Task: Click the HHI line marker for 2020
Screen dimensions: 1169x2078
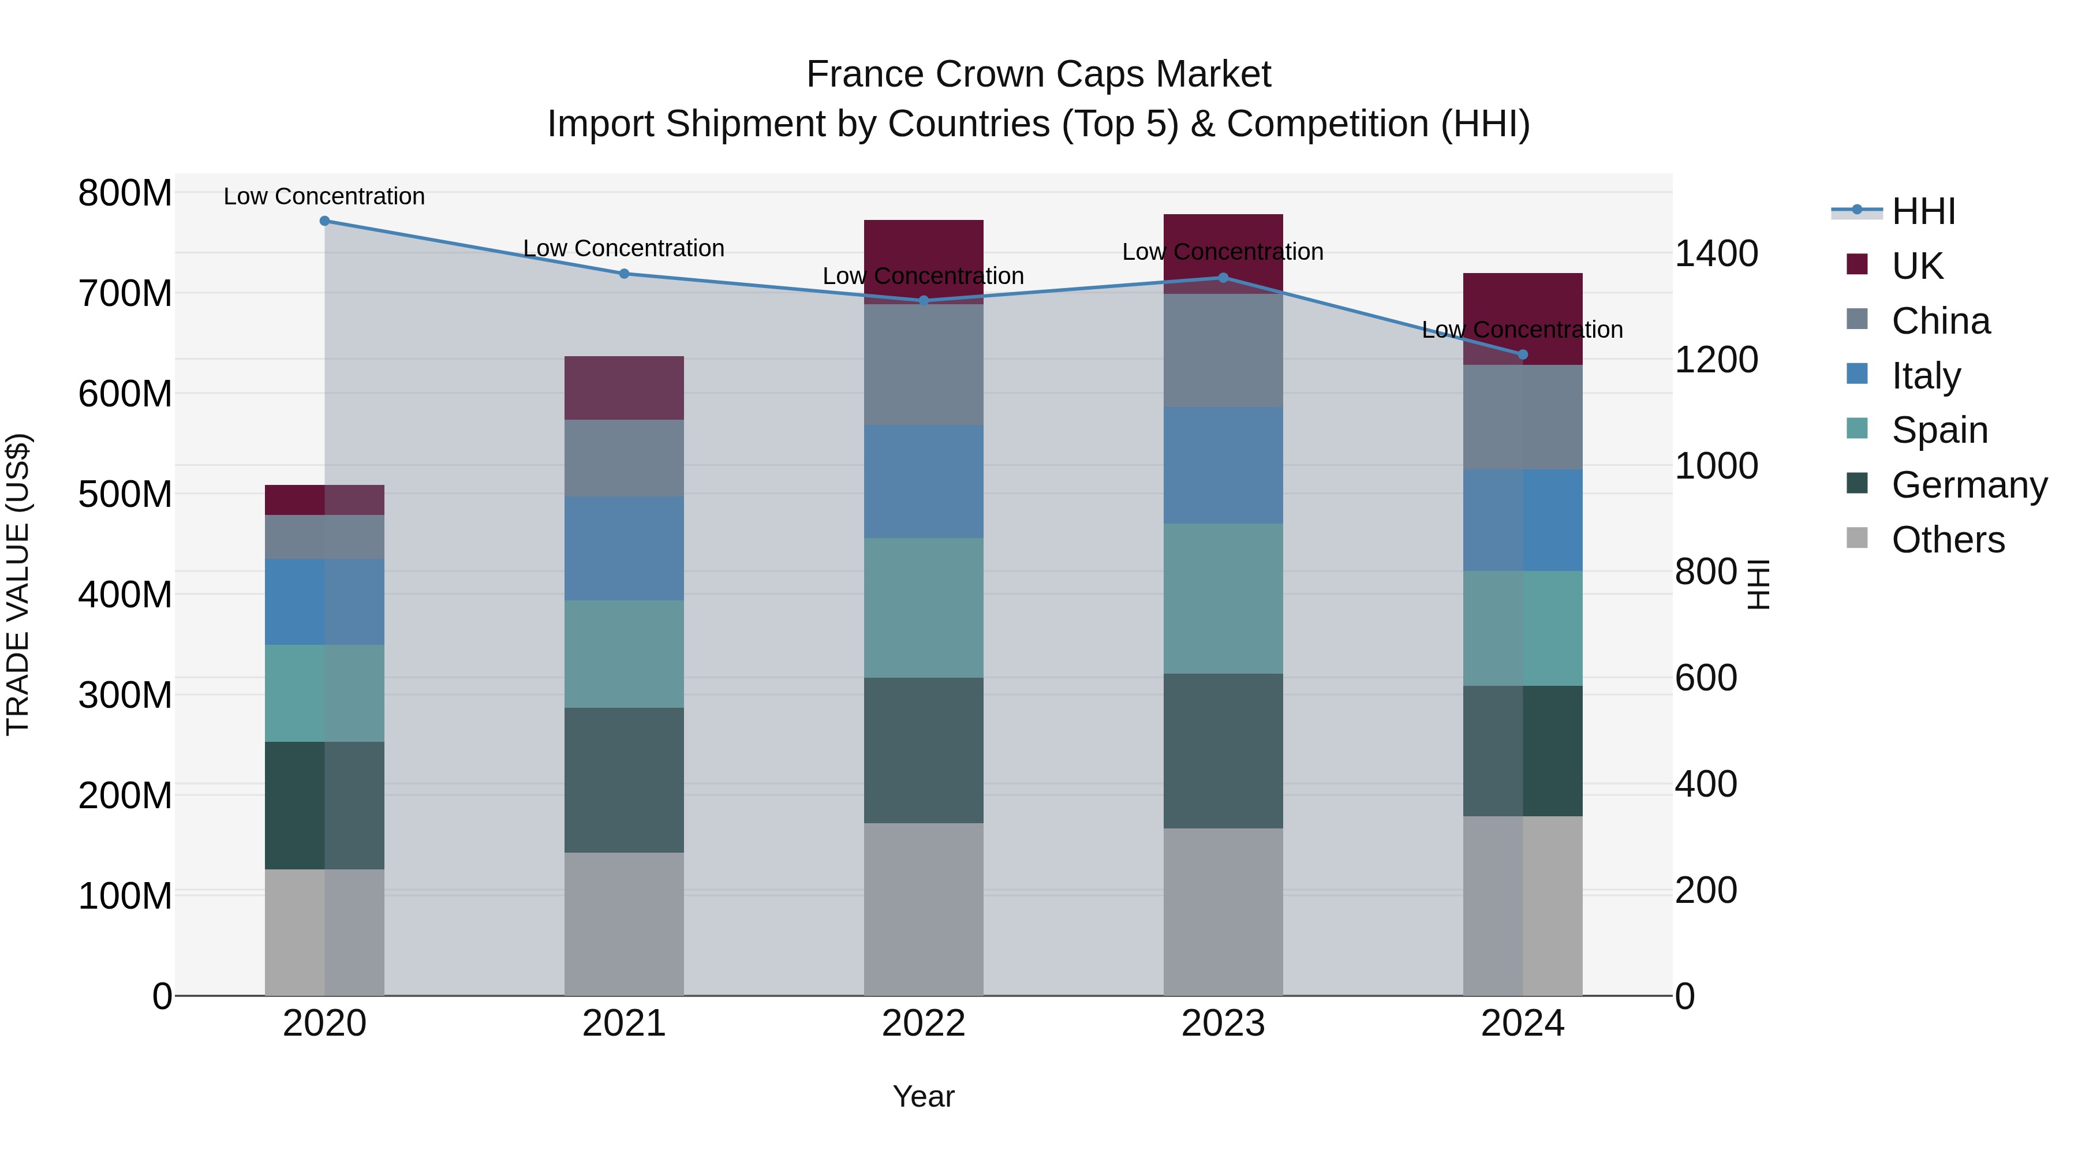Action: coord(324,221)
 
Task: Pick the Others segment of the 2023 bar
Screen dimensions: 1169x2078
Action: coord(1223,912)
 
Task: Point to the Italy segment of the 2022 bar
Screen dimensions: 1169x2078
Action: coord(924,481)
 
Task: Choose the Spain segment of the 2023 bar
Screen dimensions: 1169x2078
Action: coord(1223,598)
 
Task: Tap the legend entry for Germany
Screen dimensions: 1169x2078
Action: coord(1969,485)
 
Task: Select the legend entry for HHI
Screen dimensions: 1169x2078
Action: coord(1923,211)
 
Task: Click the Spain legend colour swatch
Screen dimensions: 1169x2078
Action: coord(1857,428)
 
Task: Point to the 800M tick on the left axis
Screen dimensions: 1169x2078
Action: coord(125,193)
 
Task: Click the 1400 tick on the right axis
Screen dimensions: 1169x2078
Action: coord(1717,253)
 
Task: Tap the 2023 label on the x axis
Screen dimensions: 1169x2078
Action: coord(1223,1024)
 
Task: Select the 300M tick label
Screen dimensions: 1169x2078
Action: coord(125,694)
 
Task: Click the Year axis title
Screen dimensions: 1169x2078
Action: coord(924,1096)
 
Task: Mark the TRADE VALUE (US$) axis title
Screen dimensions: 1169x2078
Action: coord(18,584)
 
